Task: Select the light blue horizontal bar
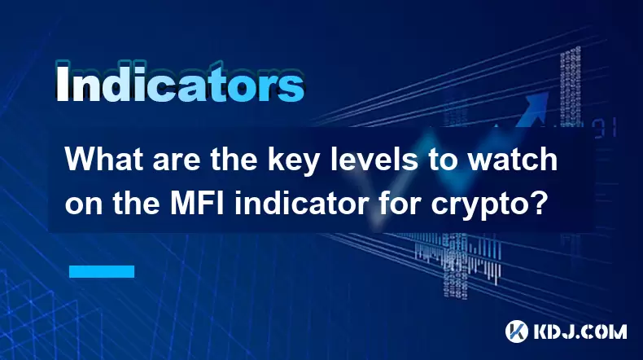click(102, 271)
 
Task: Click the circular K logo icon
click(517, 331)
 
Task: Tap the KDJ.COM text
click(580, 331)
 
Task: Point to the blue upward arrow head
click(537, 103)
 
